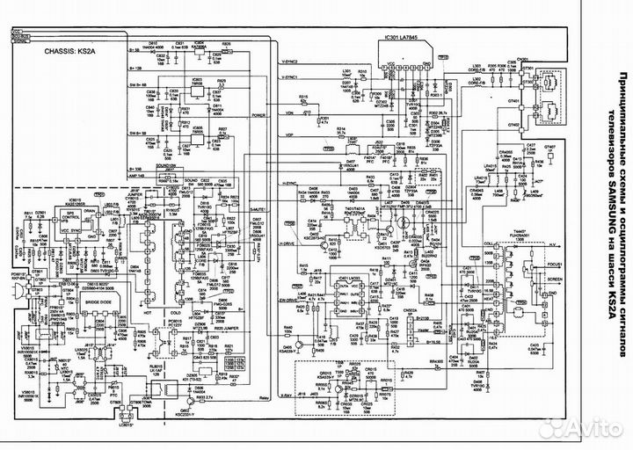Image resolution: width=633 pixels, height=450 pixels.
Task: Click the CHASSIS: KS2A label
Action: click(x=69, y=52)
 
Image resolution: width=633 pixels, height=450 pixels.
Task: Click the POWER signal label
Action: click(x=258, y=115)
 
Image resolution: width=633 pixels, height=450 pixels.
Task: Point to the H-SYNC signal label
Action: click(x=291, y=183)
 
